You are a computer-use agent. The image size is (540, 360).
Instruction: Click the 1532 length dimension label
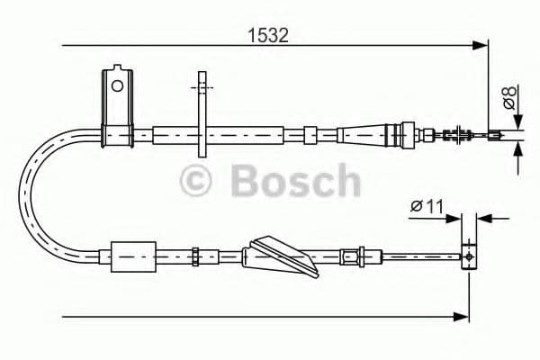pyautogui.click(x=268, y=36)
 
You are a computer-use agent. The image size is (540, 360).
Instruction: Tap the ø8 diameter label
pyautogui.click(x=510, y=97)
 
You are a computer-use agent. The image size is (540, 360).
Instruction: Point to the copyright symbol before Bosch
pyautogui.click(x=196, y=182)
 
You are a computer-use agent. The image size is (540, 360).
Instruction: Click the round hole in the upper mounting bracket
pyautogui.click(x=115, y=86)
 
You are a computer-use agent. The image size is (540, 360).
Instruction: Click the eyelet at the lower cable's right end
pyautogui.click(x=468, y=256)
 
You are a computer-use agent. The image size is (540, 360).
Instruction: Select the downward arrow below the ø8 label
pyautogui.click(x=517, y=123)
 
